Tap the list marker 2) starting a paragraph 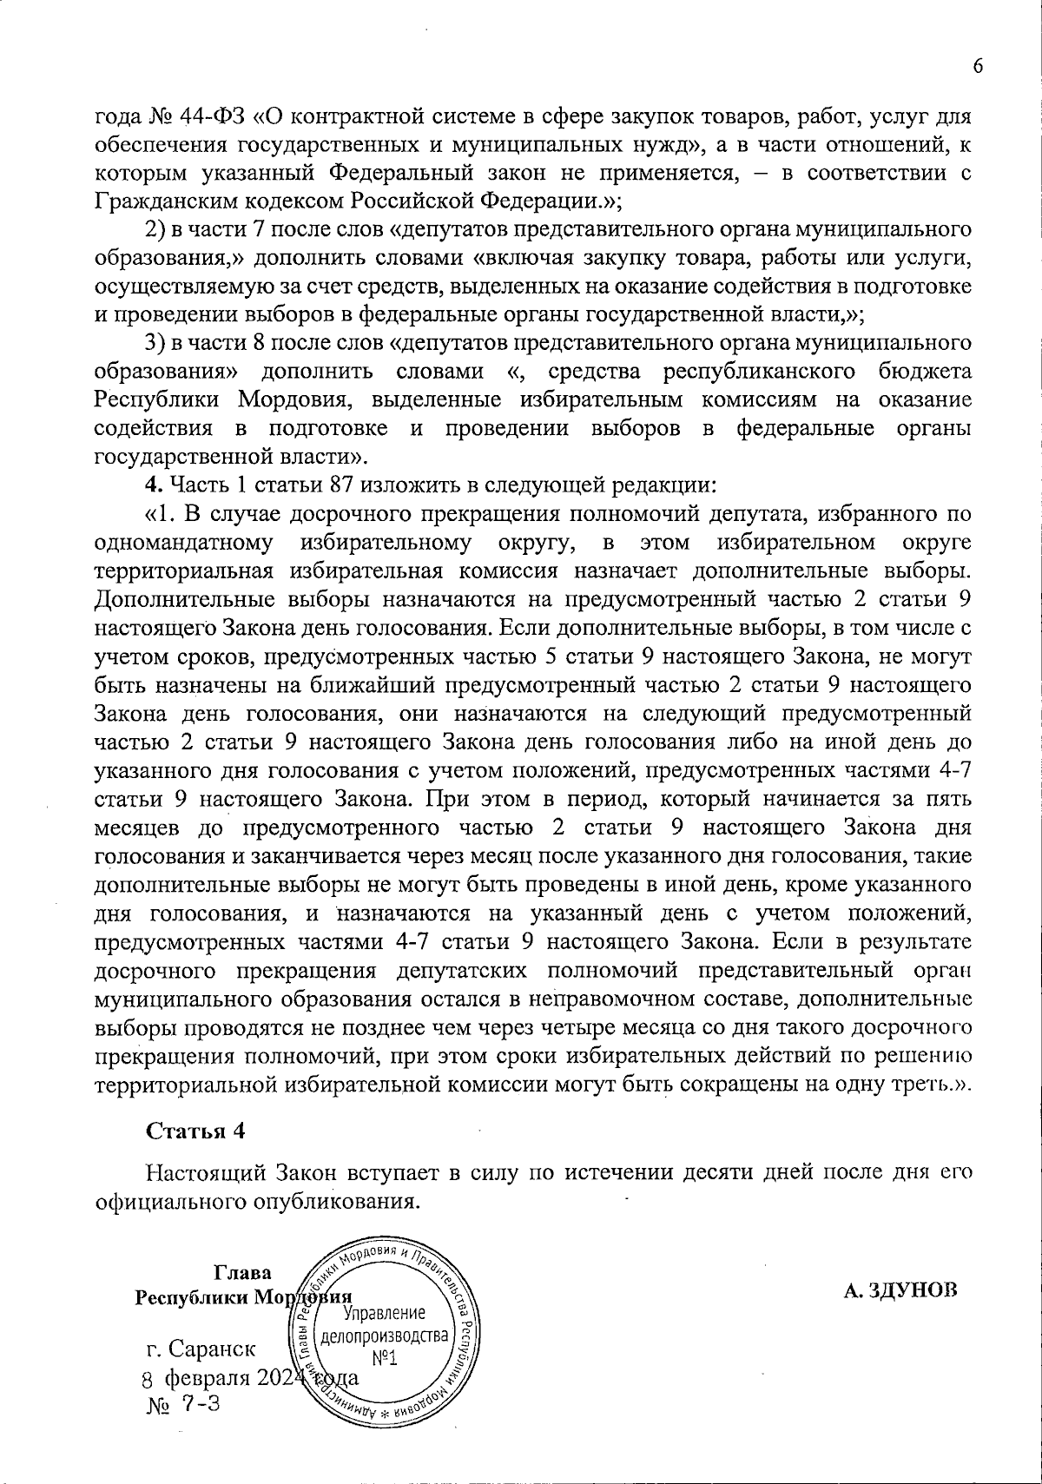(155, 231)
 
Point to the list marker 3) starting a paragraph (155, 344)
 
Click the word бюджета (926, 373)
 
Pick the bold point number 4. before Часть (153, 485)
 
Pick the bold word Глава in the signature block (242, 1272)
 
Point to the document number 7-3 (201, 1404)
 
